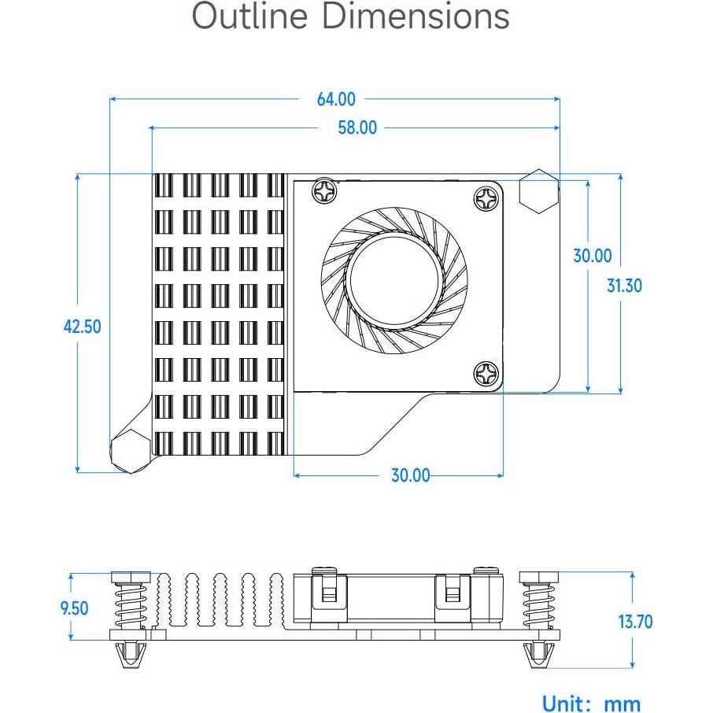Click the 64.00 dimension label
(336, 99)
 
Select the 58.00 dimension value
(357, 127)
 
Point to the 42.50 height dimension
(83, 326)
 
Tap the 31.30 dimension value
(624, 285)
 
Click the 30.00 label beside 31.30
(592, 256)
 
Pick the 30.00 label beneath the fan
(411, 475)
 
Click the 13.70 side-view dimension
(635, 622)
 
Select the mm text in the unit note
(622, 704)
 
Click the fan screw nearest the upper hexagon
(486, 198)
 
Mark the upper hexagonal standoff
(539, 191)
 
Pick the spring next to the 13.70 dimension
(538, 606)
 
